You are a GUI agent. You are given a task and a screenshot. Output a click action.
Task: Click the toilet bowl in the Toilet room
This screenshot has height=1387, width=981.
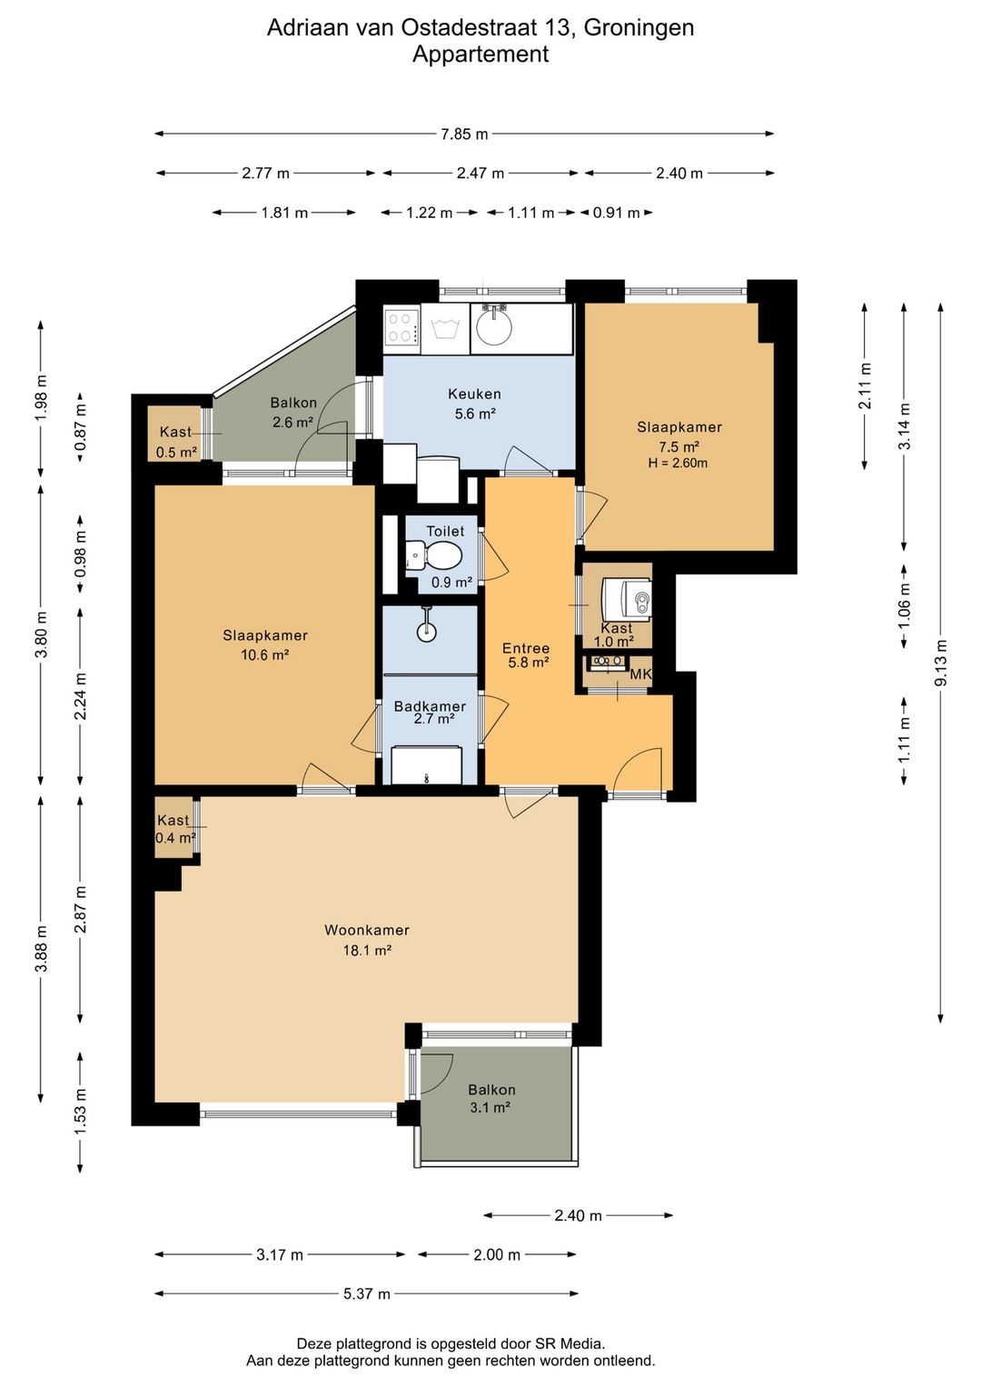(440, 554)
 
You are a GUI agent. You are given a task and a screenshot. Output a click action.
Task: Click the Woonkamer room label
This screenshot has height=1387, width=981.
(366, 930)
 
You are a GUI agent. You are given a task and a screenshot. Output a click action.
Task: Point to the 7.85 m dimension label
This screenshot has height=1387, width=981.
(464, 134)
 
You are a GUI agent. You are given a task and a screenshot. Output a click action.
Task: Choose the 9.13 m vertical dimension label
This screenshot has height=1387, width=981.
(941, 662)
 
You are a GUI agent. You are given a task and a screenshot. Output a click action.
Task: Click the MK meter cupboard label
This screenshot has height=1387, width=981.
(640, 674)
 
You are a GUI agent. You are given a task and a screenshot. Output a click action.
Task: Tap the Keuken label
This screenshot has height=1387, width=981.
(474, 394)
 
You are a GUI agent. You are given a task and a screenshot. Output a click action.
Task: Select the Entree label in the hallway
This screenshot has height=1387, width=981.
(525, 648)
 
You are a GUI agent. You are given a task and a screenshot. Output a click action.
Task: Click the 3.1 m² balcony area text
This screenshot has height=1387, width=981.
(490, 1108)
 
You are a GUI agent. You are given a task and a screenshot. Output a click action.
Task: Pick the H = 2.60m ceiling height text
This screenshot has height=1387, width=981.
(678, 463)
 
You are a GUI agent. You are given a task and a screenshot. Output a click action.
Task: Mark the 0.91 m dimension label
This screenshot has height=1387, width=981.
(617, 213)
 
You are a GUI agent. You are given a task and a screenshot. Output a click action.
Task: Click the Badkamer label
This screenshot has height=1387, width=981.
(430, 706)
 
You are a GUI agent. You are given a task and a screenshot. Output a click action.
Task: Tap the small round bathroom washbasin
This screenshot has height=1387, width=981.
(426, 632)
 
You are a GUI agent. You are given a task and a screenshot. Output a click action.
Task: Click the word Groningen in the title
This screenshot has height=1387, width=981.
(639, 28)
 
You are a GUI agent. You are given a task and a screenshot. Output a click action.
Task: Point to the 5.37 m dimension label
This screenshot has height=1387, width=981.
(366, 1293)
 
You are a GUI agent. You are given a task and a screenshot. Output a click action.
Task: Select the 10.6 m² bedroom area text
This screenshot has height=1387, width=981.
(265, 655)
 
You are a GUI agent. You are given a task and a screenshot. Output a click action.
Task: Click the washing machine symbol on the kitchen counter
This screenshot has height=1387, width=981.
(444, 328)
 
